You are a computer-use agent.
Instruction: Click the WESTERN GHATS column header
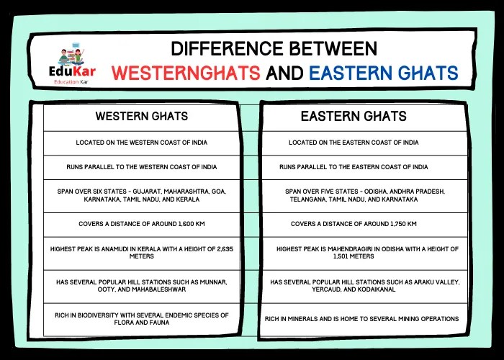pos(142,116)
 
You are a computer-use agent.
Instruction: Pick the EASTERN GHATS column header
pos(354,116)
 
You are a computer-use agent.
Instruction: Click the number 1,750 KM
pos(400,224)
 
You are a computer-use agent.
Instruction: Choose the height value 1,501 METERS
pos(354,256)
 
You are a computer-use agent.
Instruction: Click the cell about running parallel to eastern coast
pos(354,167)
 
